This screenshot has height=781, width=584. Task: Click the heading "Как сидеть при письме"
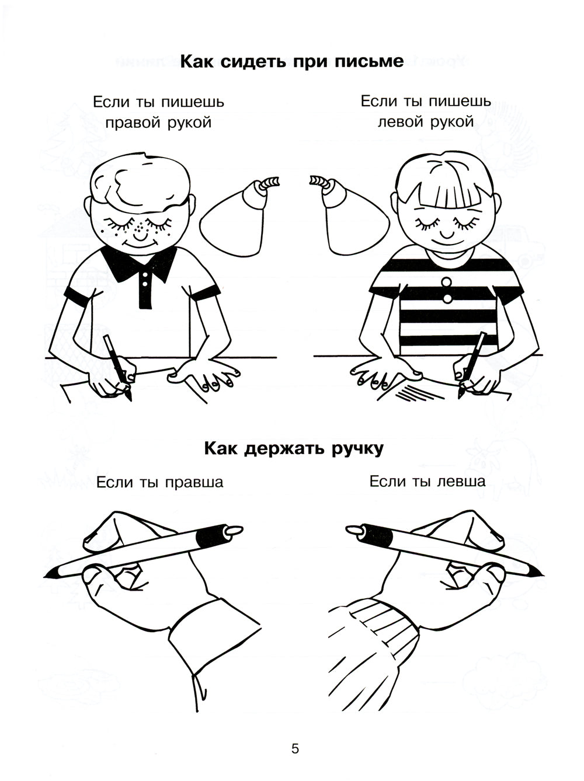(x=292, y=62)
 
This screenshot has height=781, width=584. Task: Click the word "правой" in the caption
(x=131, y=123)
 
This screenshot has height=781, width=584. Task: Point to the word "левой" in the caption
(x=401, y=122)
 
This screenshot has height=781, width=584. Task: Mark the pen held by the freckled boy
(x=118, y=368)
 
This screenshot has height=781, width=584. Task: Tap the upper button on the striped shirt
(x=446, y=283)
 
